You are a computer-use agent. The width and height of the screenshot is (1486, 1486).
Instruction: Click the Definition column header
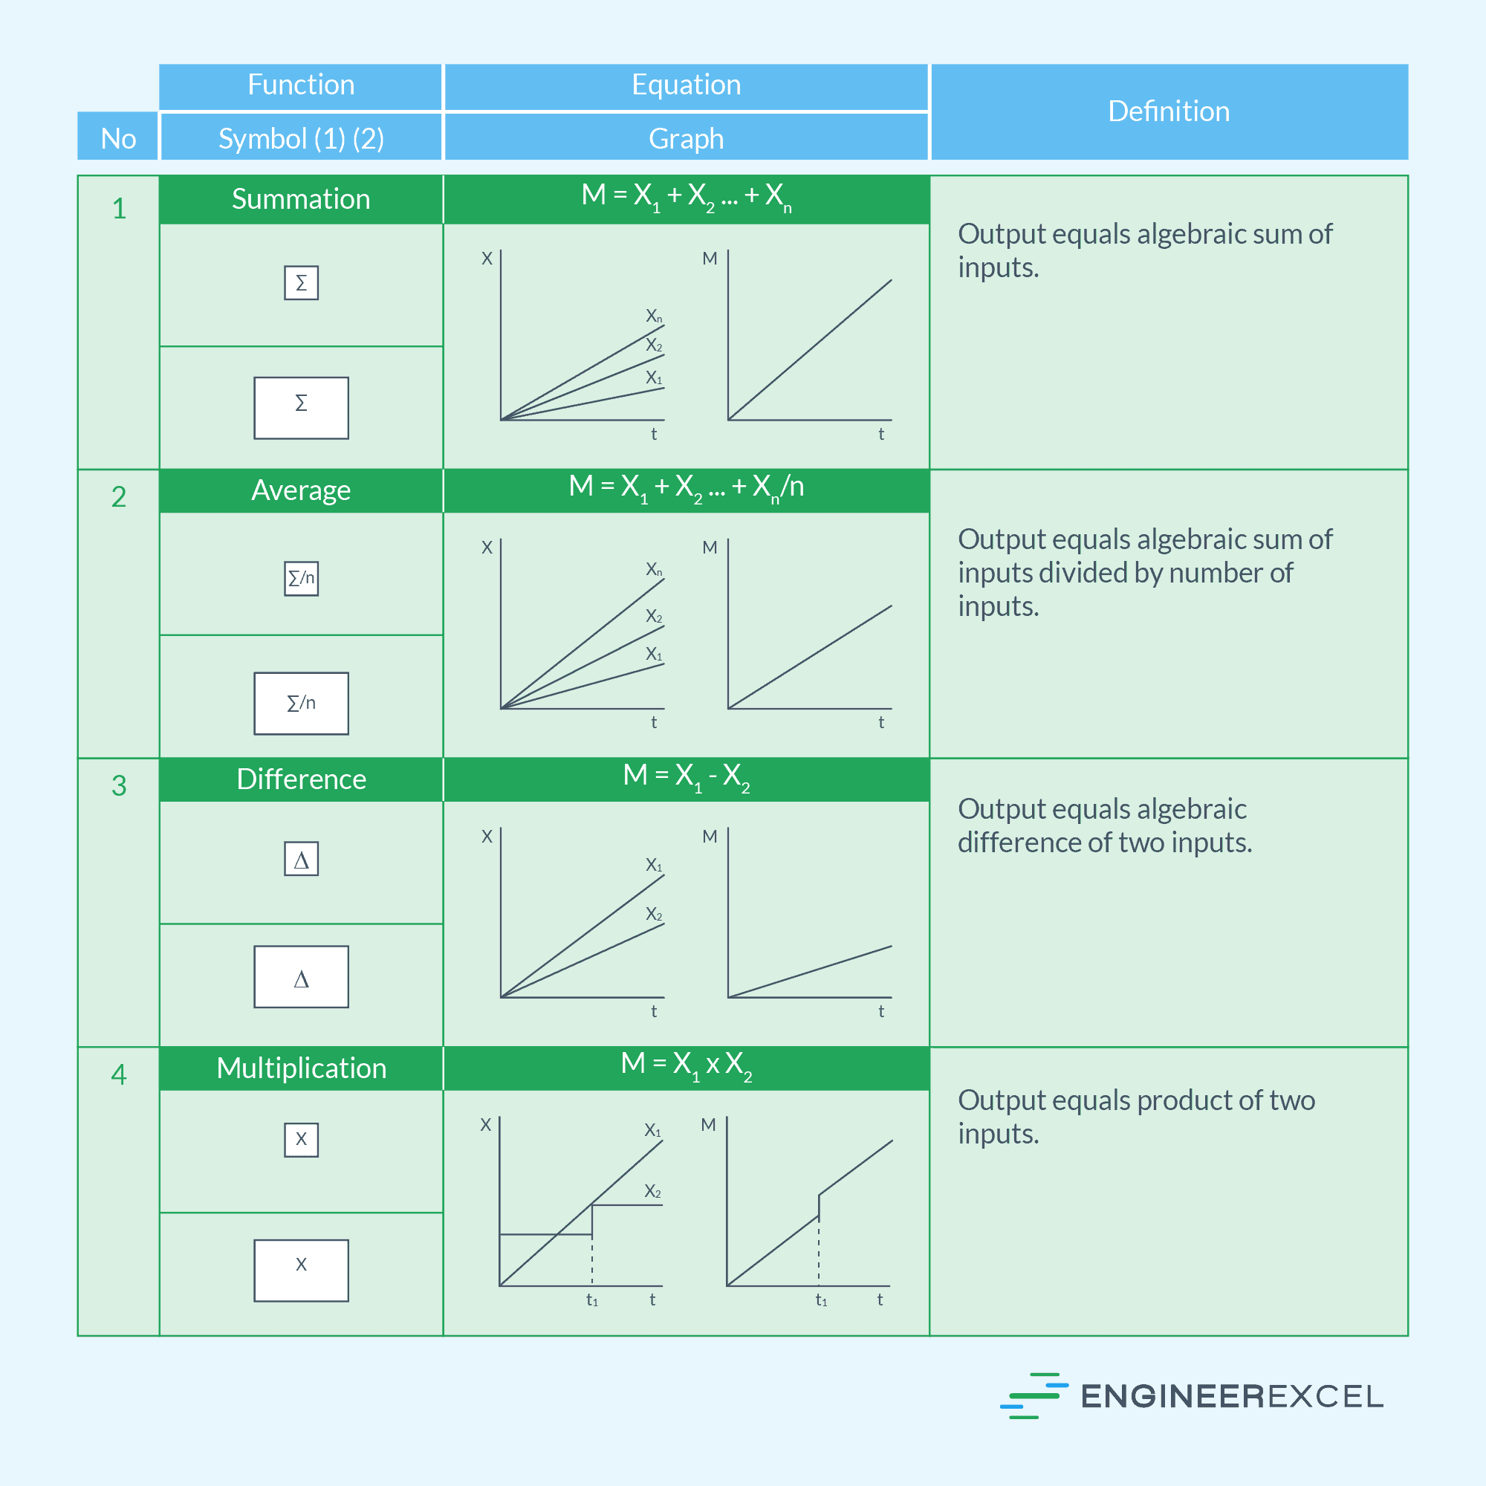click(1168, 111)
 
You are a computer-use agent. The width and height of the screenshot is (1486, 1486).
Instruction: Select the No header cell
click(118, 137)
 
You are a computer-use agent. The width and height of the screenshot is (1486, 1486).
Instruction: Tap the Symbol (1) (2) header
click(301, 137)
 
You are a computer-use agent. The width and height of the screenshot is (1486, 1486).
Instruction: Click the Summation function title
click(301, 199)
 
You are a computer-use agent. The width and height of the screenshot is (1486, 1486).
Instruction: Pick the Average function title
click(301, 490)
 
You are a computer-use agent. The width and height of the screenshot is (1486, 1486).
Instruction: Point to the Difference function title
click(301, 779)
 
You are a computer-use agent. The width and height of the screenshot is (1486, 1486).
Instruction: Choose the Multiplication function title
click(301, 1068)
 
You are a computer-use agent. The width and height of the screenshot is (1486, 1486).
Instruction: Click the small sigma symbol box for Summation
click(301, 283)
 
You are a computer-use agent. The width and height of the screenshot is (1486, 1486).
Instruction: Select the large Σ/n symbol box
click(301, 703)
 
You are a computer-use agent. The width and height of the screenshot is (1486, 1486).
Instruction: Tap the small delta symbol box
click(301, 859)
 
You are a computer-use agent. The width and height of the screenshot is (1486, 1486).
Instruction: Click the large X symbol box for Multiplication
click(301, 1271)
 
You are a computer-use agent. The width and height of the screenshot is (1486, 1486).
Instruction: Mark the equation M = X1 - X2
click(686, 777)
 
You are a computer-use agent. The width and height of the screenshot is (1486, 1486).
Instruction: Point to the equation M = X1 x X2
click(686, 1066)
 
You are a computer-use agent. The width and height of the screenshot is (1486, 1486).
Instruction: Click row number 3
click(118, 785)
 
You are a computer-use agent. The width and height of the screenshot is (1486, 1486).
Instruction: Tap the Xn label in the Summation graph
click(654, 316)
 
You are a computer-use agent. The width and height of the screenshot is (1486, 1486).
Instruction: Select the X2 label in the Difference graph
click(654, 914)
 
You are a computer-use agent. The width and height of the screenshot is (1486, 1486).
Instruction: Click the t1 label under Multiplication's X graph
click(592, 1300)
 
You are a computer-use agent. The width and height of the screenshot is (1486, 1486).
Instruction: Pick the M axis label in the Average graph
click(709, 548)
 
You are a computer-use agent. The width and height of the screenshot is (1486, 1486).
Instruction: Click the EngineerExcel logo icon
click(1034, 1395)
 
